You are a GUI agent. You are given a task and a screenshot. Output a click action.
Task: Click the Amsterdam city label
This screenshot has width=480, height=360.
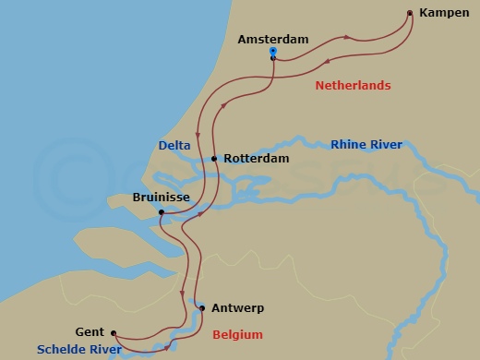click(x=272, y=40)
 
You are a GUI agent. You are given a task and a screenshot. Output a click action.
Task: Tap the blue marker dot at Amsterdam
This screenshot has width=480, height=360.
click(x=273, y=53)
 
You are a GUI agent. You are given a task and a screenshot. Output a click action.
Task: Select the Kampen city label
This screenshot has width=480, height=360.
click(x=443, y=13)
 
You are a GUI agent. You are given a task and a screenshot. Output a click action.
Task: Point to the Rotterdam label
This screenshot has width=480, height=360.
click(x=256, y=159)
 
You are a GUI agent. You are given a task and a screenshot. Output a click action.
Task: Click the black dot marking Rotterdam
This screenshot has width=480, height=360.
click(x=214, y=159)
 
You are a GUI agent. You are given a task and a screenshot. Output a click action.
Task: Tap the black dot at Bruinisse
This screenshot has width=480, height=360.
click(x=162, y=212)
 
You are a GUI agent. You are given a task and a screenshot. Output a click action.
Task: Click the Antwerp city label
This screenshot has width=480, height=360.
click(x=237, y=308)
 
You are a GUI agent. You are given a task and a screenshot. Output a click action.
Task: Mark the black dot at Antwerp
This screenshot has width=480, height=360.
click(x=202, y=308)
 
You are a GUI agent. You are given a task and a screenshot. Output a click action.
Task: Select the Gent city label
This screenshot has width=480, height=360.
click(x=90, y=332)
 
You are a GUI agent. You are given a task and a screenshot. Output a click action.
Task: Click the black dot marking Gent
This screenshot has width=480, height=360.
click(x=114, y=333)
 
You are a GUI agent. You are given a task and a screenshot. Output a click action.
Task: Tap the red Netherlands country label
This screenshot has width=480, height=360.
click(x=353, y=86)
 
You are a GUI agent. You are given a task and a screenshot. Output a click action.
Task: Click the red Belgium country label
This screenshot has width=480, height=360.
click(x=237, y=334)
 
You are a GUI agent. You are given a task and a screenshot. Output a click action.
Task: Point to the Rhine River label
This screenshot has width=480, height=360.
click(x=366, y=145)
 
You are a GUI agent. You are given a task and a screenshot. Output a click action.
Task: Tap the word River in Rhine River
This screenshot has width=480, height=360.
click(x=385, y=145)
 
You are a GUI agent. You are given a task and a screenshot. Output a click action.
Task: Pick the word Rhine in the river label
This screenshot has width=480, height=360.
click(x=348, y=145)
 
